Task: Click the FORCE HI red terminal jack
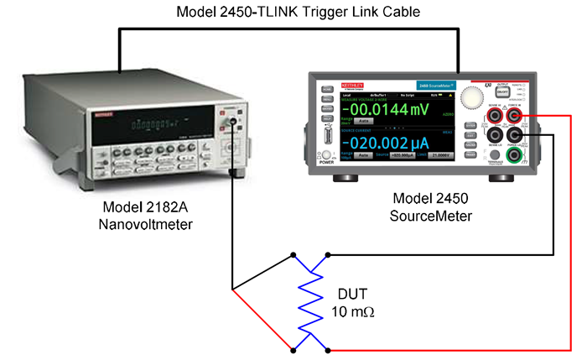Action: (x=512, y=114)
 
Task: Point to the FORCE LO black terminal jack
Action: (x=512, y=134)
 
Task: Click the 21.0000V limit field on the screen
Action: (x=444, y=156)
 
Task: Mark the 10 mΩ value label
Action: (x=354, y=312)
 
